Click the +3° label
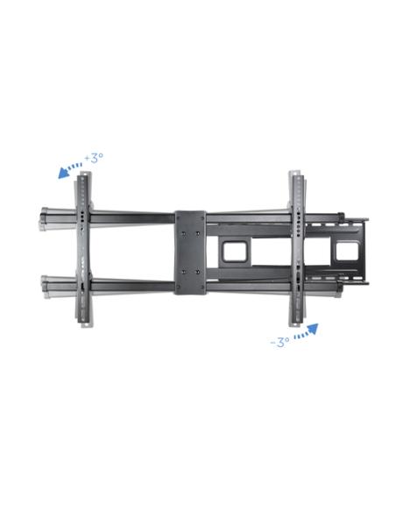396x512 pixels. coord(94,158)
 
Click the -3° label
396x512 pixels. coord(280,342)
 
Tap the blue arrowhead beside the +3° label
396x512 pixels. coord(63,173)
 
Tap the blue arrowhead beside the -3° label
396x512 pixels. coord(313,329)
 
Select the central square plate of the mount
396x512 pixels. coord(190,252)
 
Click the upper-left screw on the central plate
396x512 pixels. coord(183,233)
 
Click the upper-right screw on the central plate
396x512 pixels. coord(198,233)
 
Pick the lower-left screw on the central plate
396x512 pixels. coord(183,272)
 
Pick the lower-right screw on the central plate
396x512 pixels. coord(198,272)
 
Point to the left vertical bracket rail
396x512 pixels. coord(83,250)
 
